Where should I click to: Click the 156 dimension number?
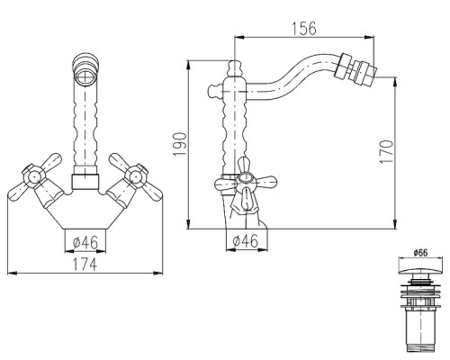(x=304, y=29)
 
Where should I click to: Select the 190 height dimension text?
(x=180, y=144)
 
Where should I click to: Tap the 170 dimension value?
(x=386, y=151)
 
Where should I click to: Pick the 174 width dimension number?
(x=85, y=264)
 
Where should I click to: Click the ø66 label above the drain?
(x=420, y=253)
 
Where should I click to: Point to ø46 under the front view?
(x=85, y=242)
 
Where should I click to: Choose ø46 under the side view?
(x=246, y=241)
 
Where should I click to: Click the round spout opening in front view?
(x=85, y=76)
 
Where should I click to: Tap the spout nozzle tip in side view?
(x=364, y=72)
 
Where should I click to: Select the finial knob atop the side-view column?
(x=235, y=68)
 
